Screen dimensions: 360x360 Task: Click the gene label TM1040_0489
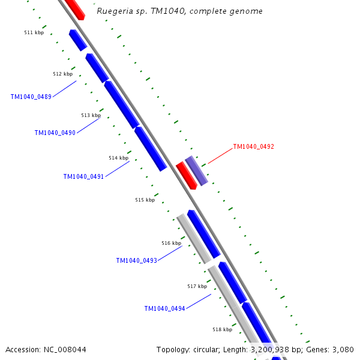pyautogui.click(x=31, y=97)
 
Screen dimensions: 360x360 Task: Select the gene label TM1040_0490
pyautogui.click(x=55, y=133)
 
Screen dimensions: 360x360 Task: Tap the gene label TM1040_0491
pyautogui.click(x=83, y=176)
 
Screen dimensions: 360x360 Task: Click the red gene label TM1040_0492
pyautogui.click(x=253, y=146)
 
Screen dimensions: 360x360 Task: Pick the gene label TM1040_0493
pyautogui.click(x=136, y=260)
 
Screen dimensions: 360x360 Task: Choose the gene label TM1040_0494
pyautogui.click(x=164, y=308)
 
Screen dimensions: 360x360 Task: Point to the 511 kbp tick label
pyautogui.click(x=34, y=32)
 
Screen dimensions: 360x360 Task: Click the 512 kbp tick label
pyautogui.click(x=62, y=74)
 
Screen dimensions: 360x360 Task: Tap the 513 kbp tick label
pyautogui.click(x=91, y=115)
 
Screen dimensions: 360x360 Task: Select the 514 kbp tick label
pyautogui.click(x=118, y=158)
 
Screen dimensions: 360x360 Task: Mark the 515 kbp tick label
pyautogui.click(x=145, y=200)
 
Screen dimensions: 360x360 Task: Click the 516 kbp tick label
pyautogui.click(x=171, y=243)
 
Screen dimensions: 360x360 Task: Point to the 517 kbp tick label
pyautogui.click(x=197, y=286)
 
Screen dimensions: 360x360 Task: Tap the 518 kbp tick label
pyautogui.click(x=222, y=329)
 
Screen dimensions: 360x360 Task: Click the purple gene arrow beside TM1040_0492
pyautogui.click(x=197, y=170)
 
